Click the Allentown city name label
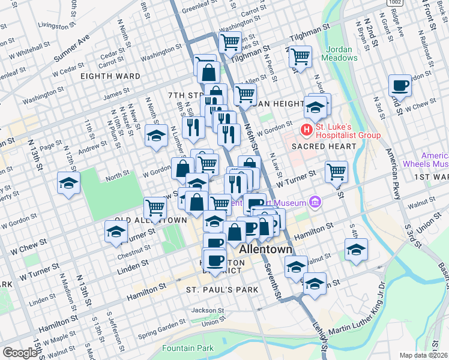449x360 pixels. click(x=265, y=249)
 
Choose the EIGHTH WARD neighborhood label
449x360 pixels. click(x=113, y=76)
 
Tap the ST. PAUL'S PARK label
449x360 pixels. click(x=221, y=290)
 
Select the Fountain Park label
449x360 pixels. click(x=187, y=348)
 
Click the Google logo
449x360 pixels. click(x=20, y=353)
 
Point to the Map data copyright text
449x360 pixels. click(x=423, y=355)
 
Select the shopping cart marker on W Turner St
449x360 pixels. click(x=336, y=172)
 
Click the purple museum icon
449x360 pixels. click(x=313, y=202)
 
